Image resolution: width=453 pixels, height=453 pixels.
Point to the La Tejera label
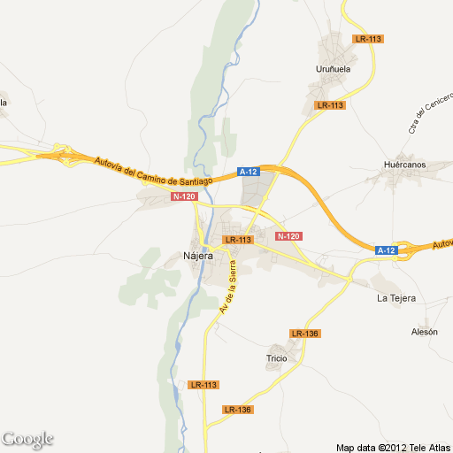396,298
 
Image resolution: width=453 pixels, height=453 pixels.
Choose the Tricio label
277,358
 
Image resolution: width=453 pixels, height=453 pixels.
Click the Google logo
27,439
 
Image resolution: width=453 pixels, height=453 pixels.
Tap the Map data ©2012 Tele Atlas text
393,446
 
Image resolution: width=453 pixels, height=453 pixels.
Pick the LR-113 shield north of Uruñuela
367,39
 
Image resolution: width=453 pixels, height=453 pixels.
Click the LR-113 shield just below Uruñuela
330,105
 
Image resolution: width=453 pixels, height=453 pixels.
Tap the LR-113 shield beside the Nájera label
239,240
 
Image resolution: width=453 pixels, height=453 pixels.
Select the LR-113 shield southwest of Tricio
203,385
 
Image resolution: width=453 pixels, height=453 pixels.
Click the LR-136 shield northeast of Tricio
304,334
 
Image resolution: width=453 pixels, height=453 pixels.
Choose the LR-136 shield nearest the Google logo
238,410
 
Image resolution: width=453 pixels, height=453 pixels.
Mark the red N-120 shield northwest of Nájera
184,196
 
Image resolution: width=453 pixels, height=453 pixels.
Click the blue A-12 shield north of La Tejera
386,250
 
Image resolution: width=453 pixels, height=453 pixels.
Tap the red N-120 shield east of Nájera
288,236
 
